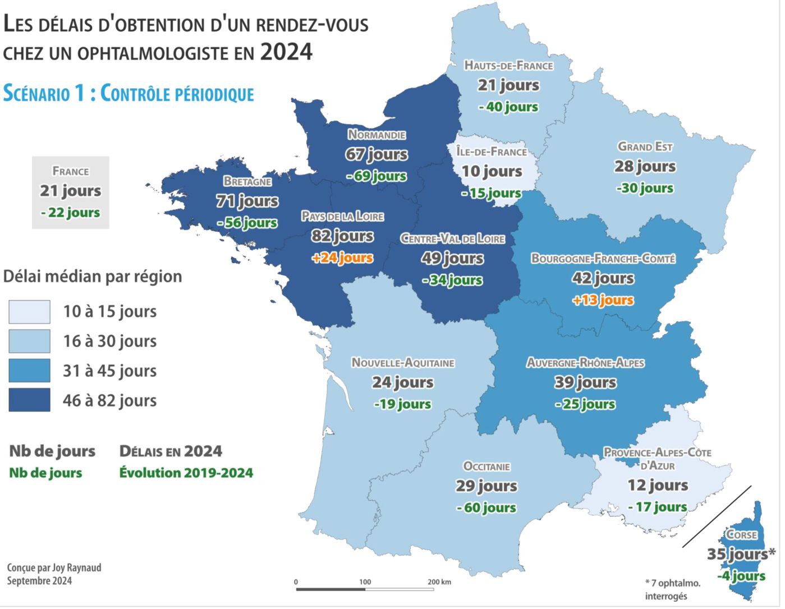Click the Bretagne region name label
click(x=247, y=181)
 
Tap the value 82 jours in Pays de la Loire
click(x=342, y=236)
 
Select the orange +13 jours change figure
click(x=603, y=300)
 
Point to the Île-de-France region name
click(x=492, y=152)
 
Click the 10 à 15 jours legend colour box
click(x=29, y=312)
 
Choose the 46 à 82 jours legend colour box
click(x=29, y=400)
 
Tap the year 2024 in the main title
click(x=286, y=52)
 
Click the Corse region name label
click(x=741, y=535)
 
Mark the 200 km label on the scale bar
click(x=439, y=581)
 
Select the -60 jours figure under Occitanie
click(x=486, y=508)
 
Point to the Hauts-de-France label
click(x=508, y=66)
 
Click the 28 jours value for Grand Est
click(x=645, y=167)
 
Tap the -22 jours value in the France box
click(x=71, y=213)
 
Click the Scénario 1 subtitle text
click(x=128, y=94)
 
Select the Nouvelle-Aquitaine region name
click(x=403, y=363)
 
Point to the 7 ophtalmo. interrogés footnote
click(x=672, y=589)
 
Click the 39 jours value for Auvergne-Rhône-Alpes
click(x=585, y=382)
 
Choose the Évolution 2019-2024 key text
click(x=186, y=473)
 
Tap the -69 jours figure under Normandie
click(x=377, y=176)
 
